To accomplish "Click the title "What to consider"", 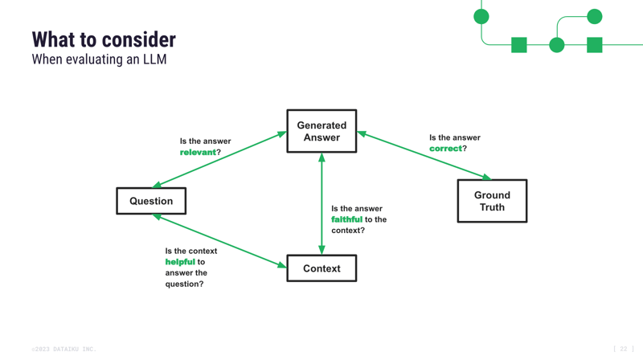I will pos(104,39).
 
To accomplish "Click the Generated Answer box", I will pos(321,131).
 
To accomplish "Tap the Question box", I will pos(151,201).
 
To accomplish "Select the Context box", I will pos(321,268).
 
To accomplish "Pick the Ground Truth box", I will pos(492,201).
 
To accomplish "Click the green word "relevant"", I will pos(198,153).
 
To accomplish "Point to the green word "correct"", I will pos(445,149).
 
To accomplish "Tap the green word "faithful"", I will pos(346,219).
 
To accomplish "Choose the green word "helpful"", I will pos(180,262).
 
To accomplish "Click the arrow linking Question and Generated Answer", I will pos(219,159).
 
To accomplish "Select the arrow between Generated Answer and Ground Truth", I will pos(424,156).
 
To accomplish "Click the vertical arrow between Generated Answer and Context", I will pos(321,204).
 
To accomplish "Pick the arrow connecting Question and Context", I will pos(219,240).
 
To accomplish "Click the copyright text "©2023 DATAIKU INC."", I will pos(63,350).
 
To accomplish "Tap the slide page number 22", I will pos(623,350).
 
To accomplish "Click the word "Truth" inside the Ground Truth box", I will pos(492,207).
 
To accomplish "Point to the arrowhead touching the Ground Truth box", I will pos(485,178).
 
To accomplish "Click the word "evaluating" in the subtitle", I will pos(96,59).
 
